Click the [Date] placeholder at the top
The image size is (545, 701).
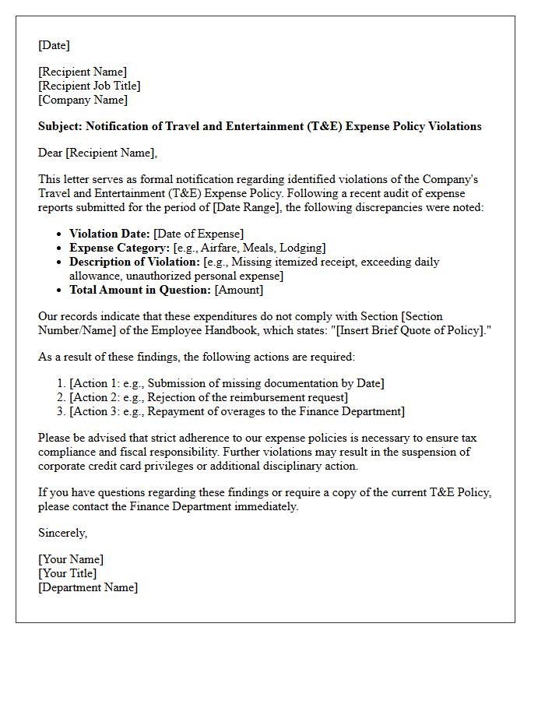(x=54, y=45)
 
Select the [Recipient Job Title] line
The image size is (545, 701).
(x=90, y=86)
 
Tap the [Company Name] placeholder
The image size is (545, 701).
(x=83, y=100)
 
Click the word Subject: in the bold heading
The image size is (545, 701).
(x=60, y=126)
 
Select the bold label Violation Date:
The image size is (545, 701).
(x=110, y=234)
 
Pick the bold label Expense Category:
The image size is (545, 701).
(x=119, y=248)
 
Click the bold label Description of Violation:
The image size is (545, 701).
(x=135, y=262)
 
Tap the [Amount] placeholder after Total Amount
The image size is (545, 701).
(x=239, y=290)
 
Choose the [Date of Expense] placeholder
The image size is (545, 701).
(x=199, y=234)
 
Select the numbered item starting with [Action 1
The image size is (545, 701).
(x=227, y=383)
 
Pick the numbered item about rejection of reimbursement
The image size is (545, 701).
(x=208, y=397)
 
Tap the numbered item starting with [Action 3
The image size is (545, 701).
(x=237, y=411)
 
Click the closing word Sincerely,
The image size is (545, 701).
(x=62, y=533)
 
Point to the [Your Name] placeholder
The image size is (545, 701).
(x=71, y=559)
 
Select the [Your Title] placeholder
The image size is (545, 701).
(x=68, y=573)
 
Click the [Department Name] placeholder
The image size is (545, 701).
(x=88, y=587)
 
